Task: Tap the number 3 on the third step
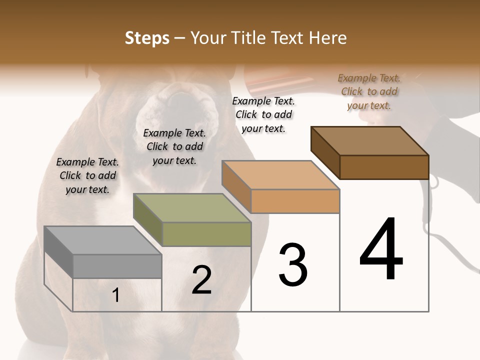coord(293,264)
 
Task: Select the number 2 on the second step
coord(201,280)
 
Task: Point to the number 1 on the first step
coord(116,295)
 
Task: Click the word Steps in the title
coord(147,38)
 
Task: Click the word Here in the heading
coord(330,38)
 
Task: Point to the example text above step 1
coord(87,175)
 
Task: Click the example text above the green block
coord(174,146)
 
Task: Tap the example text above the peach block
coord(263,114)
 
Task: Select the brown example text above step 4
coord(369,91)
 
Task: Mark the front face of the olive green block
coord(207,234)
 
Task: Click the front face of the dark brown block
coord(384,167)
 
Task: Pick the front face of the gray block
coord(117,266)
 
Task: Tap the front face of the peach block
coord(295,201)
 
